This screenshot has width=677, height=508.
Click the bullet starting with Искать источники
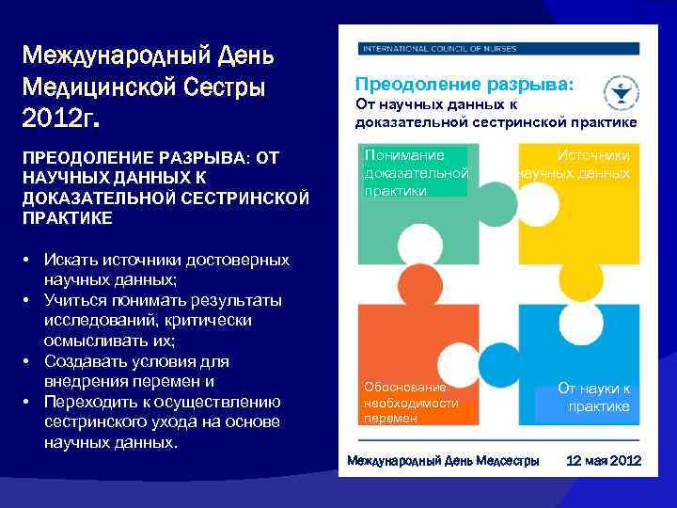click(165, 269)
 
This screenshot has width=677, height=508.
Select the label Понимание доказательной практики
click(415, 172)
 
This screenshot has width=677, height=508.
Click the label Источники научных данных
click(575, 164)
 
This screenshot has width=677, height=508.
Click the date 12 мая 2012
click(603, 461)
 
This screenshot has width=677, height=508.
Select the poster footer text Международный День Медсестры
click(444, 461)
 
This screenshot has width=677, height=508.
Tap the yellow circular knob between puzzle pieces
click(579, 277)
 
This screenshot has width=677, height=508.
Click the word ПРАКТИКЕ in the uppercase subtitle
click(61, 217)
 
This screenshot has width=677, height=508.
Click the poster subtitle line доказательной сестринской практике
click(496, 121)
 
